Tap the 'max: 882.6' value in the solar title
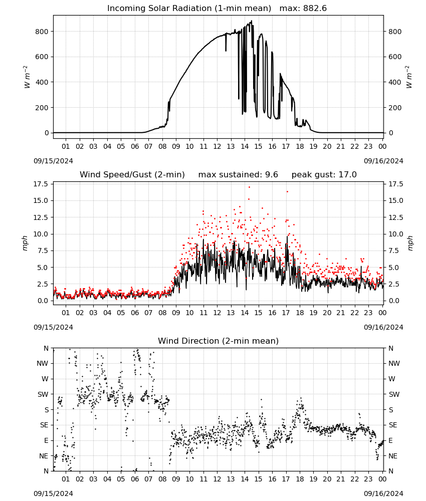303,9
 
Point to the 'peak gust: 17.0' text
324,175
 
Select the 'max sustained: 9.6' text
238,175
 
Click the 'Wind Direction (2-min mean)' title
219,341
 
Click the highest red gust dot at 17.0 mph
249,187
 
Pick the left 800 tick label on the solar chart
42,32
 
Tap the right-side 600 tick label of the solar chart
395,57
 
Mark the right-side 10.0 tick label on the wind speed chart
396,234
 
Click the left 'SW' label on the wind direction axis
43,395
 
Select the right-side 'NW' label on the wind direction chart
394,364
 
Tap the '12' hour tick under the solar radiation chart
217,147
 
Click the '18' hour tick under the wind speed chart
300,313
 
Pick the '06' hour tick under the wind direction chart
134,479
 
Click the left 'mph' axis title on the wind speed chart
25,243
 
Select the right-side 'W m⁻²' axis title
409,77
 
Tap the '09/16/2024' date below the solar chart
383,161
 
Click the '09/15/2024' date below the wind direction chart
53,494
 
